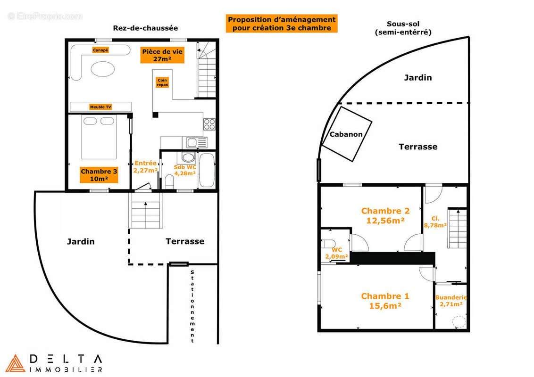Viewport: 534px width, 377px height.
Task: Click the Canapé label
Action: tap(100, 50)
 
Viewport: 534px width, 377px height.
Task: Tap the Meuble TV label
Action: tap(100, 107)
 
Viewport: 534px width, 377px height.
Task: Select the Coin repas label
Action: tap(162, 82)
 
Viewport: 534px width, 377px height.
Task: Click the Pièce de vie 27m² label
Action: tap(162, 55)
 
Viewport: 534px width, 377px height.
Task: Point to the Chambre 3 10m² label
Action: tap(99, 175)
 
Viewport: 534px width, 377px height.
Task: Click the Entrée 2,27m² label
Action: tap(146, 166)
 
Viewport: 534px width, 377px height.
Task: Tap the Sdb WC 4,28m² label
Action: tap(185, 170)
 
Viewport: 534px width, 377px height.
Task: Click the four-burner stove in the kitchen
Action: tap(209, 124)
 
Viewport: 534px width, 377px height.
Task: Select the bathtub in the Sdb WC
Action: tap(207, 169)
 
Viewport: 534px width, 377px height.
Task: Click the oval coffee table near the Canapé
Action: tap(102, 70)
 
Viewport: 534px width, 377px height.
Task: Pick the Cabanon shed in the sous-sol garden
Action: tap(346, 134)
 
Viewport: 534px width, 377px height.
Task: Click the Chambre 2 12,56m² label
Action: tap(385, 215)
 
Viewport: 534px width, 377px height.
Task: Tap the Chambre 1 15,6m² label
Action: tap(385, 301)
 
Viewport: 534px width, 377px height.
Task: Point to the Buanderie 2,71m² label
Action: tap(451, 301)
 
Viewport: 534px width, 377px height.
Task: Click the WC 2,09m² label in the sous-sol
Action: tap(337, 253)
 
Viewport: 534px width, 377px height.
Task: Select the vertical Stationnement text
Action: tap(192, 306)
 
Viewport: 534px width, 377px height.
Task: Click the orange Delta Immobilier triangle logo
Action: tap(16, 363)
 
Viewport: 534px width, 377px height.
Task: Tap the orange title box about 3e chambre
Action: tap(282, 24)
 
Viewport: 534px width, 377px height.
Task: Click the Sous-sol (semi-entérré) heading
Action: tap(403, 28)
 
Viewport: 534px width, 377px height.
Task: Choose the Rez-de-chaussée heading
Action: tap(139, 28)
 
